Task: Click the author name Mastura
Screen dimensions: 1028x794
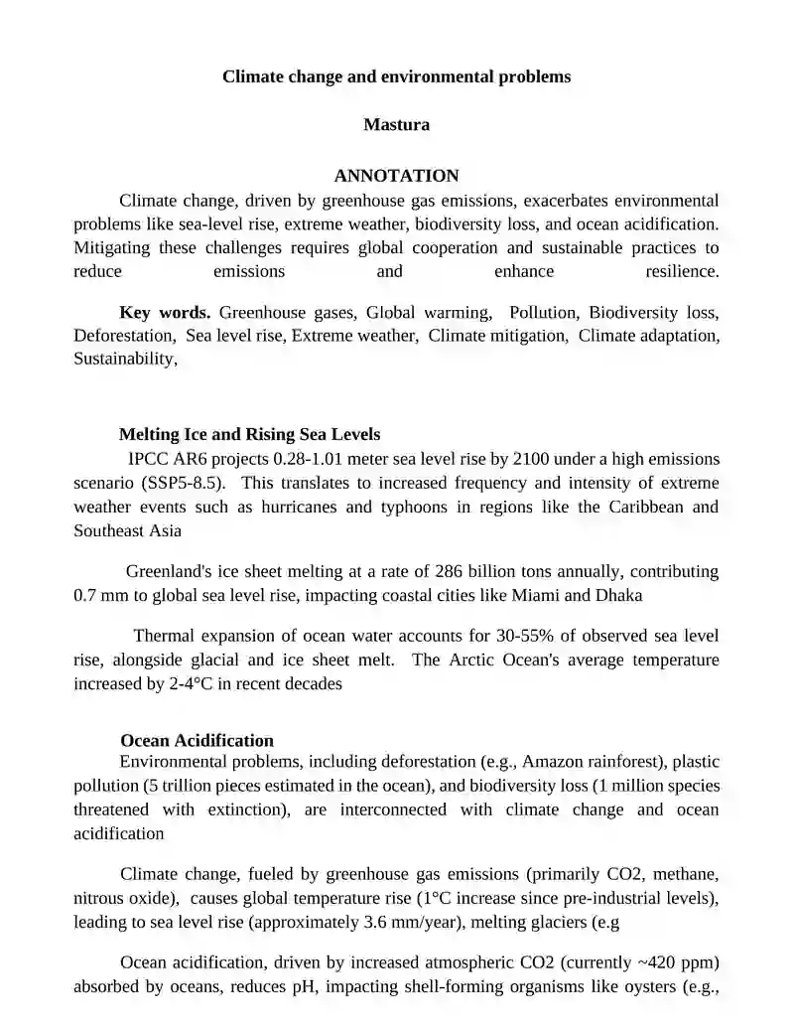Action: pyautogui.click(x=396, y=125)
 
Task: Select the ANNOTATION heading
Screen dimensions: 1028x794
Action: pyautogui.click(x=396, y=176)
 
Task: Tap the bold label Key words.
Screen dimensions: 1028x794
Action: pyautogui.click(x=165, y=313)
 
